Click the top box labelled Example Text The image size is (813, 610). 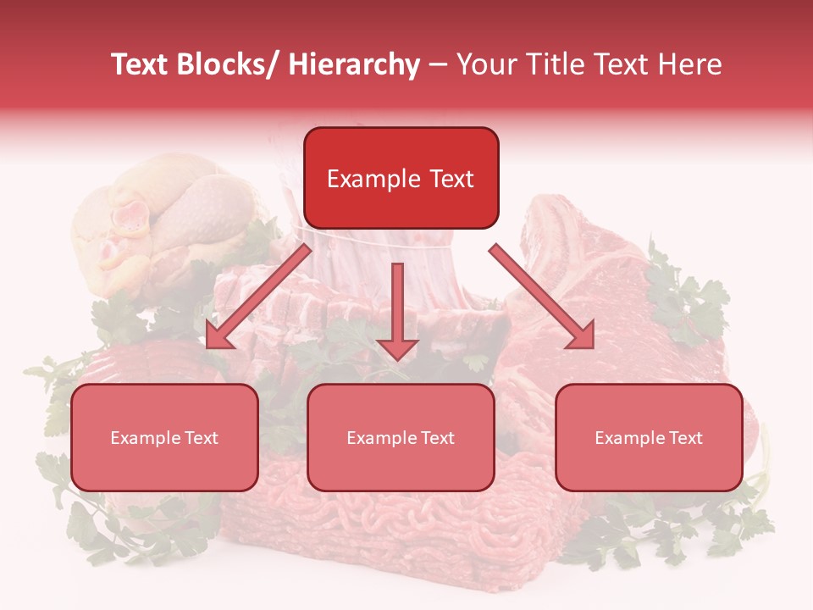pyautogui.click(x=401, y=178)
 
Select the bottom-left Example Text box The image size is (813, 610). pyautogui.click(x=164, y=437)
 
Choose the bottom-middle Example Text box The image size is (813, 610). pyautogui.click(x=401, y=437)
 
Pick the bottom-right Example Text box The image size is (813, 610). pyautogui.click(x=649, y=437)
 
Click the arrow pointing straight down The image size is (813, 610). pyautogui.click(x=397, y=313)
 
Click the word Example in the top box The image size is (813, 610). pyautogui.click(x=362, y=179)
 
